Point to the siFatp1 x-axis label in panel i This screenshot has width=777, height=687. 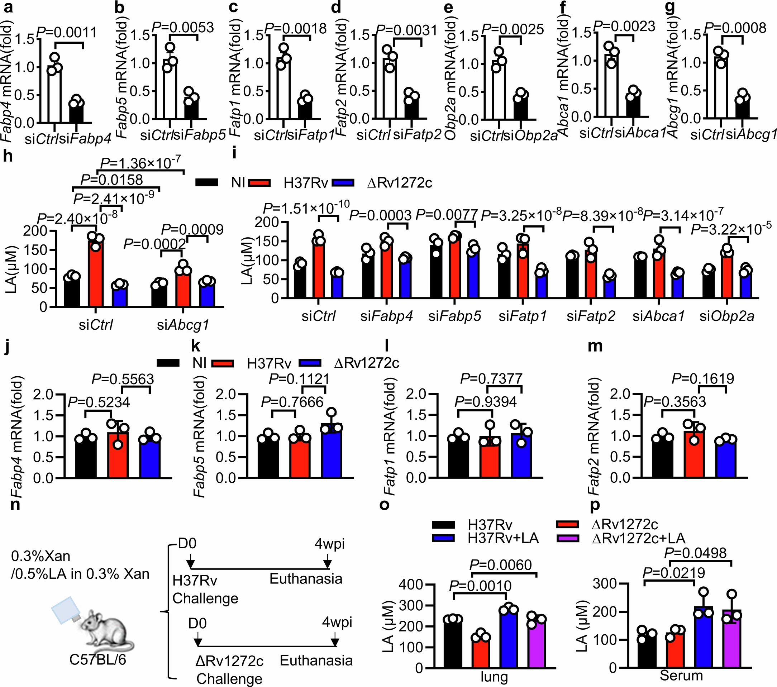(523, 316)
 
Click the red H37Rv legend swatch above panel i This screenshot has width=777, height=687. (259, 183)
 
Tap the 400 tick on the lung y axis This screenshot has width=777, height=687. (411, 585)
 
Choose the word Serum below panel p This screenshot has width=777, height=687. (681, 676)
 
